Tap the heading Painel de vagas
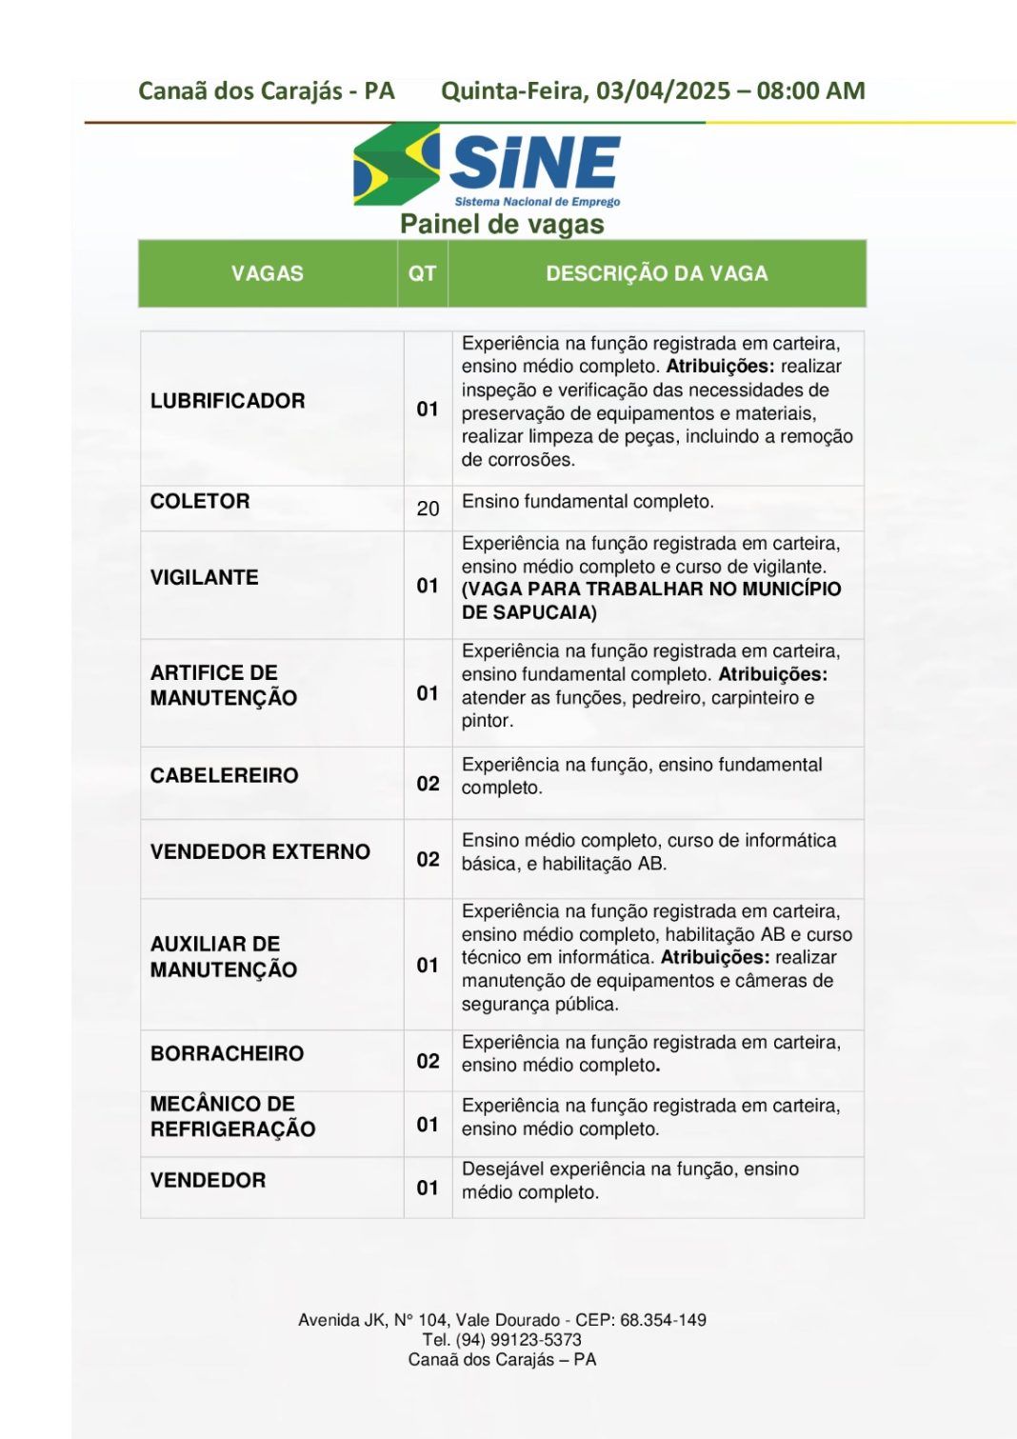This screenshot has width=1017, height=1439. click(x=502, y=225)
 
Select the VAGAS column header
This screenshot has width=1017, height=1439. click(x=268, y=274)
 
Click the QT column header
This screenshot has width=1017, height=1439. click(x=422, y=274)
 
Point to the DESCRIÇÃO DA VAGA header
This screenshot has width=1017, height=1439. click(x=656, y=274)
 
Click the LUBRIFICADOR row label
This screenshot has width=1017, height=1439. click(x=228, y=401)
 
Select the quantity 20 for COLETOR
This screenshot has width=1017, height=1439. click(x=428, y=509)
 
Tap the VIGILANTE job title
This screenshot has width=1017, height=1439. click(x=204, y=578)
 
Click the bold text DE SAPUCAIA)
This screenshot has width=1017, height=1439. click(x=529, y=612)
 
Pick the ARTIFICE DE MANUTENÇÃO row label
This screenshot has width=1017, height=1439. click(x=223, y=686)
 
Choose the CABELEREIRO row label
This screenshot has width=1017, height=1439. click(x=224, y=776)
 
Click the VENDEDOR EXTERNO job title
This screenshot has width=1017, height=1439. click(x=260, y=852)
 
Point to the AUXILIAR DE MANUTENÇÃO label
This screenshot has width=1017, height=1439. click(x=223, y=957)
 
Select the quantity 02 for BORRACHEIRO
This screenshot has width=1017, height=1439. click(x=428, y=1061)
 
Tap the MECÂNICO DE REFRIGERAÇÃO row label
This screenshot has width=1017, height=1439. click(x=232, y=1116)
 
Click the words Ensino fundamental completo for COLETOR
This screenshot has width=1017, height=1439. click(x=588, y=502)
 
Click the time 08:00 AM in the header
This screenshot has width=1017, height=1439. click(x=810, y=91)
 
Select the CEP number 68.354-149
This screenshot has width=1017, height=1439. click(x=663, y=1320)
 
